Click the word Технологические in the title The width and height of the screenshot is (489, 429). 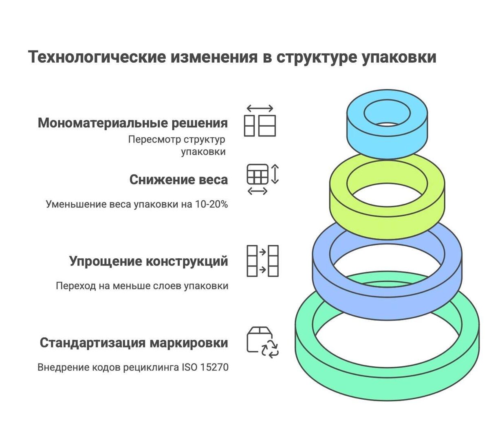point(97,57)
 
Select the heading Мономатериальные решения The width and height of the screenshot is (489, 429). point(133,123)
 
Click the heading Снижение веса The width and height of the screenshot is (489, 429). point(178,180)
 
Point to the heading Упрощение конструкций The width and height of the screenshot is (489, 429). point(149,261)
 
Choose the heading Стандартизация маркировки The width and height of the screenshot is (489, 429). point(134,343)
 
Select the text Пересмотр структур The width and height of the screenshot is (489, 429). point(177,139)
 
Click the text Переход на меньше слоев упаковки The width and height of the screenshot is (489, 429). point(142,286)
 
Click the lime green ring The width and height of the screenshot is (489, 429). point(387,220)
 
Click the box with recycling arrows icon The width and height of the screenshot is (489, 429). point(262,342)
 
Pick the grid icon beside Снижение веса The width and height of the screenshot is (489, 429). point(258,174)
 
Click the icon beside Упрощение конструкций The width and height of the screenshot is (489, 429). point(262,261)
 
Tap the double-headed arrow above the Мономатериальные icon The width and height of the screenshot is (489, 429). point(260,109)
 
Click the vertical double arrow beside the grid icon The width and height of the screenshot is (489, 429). point(275,174)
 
